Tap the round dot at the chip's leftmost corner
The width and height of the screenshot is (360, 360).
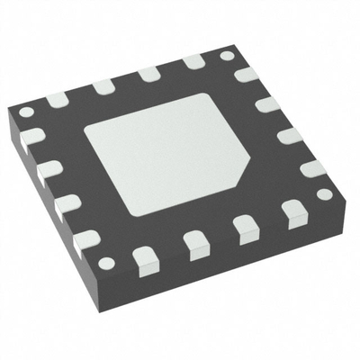26,112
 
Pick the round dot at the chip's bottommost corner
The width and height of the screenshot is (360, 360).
107,263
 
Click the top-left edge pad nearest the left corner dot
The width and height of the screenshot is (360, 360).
58,98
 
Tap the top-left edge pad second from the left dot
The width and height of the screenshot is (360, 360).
102,86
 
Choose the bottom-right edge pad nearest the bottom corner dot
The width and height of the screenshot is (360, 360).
144,259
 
